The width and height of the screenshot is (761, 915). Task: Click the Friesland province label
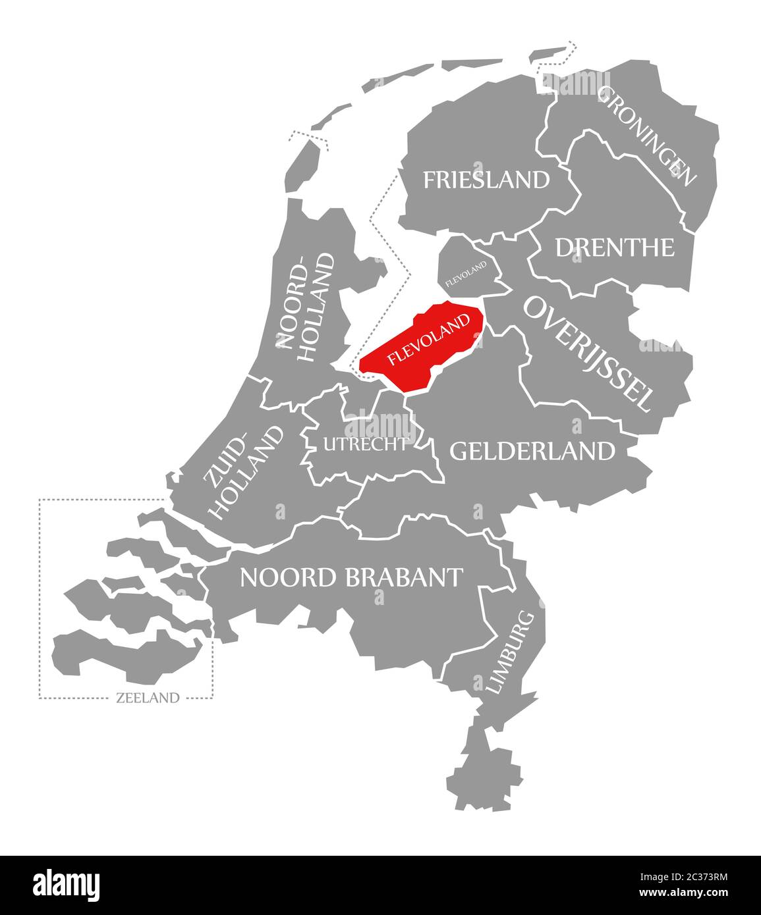pyautogui.click(x=486, y=180)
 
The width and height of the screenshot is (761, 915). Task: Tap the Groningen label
pyautogui.click(x=646, y=136)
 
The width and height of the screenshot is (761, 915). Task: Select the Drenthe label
pyautogui.click(x=615, y=248)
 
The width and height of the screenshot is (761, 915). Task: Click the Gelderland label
pyautogui.click(x=532, y=451)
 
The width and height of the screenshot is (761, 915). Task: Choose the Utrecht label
pyautogui.click(x=365, y=444)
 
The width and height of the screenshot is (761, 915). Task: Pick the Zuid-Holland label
pyautogui.click(x=244, y=473)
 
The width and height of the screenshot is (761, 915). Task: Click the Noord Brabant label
pyautogui.click(x=351, y=577)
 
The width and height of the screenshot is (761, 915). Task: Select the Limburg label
pyautogui.click(x=509, y=652)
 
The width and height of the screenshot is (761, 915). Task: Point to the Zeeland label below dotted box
pyautogui.click(x=147, y=698)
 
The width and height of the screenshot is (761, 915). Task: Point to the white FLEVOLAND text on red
pyautogui.click(x=429, y=340)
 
